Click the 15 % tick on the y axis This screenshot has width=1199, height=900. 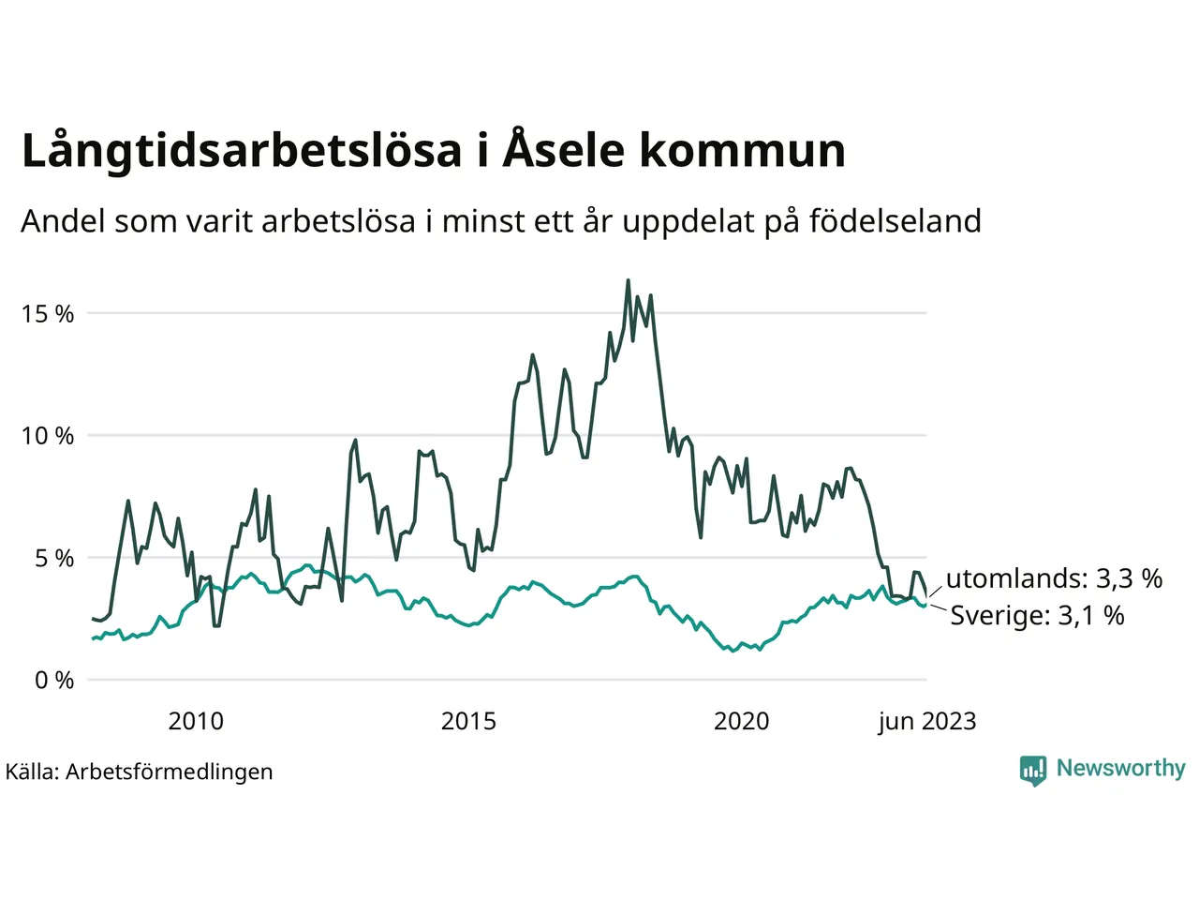point(48,314)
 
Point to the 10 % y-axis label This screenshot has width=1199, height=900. point(48,436)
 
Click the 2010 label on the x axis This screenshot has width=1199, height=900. point(196,721)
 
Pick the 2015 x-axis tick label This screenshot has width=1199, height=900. point(468,721)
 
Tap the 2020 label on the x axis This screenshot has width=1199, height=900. point(741,721)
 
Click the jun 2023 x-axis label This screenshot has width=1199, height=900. point(926,721)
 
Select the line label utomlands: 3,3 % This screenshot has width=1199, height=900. point(1054,578)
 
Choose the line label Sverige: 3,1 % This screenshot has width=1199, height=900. point(1037,616)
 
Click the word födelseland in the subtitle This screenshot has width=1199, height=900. point(895,221)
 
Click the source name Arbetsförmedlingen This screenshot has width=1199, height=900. point(170,772)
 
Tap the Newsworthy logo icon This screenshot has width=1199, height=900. point(1033,770)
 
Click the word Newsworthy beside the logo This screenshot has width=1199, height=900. point(1120,768)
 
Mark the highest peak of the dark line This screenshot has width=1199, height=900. point(628,280)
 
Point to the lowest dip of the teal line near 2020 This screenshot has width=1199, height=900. point(733,651)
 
